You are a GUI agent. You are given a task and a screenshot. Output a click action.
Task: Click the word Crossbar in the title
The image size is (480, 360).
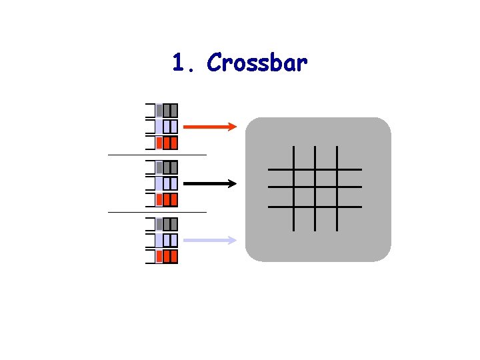click(x=257, y=63)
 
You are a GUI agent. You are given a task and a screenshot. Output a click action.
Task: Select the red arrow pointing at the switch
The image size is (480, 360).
click(x=209, y=126)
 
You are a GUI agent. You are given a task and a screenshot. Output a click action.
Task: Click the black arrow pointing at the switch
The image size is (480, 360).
click(x=209, y=183)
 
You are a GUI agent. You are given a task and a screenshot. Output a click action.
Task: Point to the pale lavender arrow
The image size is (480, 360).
click(x=209, y=240)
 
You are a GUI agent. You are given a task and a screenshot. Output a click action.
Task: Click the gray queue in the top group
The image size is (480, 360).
click(x=167, y=111)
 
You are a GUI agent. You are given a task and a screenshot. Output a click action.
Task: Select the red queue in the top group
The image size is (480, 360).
click(x=167, y=143)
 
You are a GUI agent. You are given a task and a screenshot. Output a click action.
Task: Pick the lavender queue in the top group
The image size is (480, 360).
click(x=167, y=127)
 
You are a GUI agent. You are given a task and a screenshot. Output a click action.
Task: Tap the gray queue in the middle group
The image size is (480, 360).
click(x=167, y=167)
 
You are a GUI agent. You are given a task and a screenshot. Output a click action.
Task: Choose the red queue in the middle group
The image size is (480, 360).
click(x=167, y=199)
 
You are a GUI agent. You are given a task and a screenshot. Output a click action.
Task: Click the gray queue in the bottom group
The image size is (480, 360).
click(x=167, y=224)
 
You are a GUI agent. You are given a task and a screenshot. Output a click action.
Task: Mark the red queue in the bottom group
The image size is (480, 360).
click(x=167, y=256)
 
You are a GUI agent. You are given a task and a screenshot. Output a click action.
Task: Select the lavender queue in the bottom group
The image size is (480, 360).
click(x=167, y=240)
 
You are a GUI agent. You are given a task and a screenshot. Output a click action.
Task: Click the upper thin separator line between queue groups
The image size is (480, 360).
click(x=157, y=155)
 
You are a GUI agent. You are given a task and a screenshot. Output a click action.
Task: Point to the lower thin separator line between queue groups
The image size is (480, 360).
click(x=157, y=212)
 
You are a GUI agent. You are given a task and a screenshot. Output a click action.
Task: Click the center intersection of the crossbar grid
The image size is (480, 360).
click(x=315, y=187)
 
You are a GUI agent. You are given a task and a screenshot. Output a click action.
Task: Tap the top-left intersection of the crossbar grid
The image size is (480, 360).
click(x=293, y=169)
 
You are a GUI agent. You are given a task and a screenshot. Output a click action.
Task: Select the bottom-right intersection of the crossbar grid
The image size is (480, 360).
click(x=337, y=207)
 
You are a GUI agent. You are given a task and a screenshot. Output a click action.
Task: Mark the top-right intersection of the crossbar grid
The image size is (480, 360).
click(x=337, y=169)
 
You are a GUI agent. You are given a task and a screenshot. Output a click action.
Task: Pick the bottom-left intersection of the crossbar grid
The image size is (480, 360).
click(x=293, y=207)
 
